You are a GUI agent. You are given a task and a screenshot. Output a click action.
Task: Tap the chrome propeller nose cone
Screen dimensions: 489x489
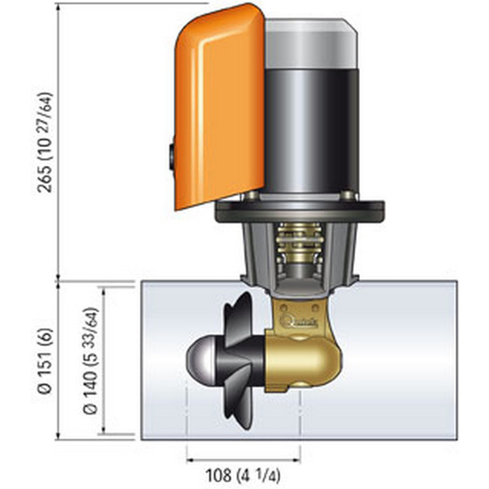[x=200, y=357]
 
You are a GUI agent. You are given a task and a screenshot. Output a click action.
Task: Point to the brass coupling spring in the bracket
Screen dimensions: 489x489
[x=299, y=244]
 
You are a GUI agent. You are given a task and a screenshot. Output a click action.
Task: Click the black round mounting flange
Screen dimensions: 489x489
[x=300, y=211]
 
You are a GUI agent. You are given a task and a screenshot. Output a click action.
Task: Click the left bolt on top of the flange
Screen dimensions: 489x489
[x=251, y=195]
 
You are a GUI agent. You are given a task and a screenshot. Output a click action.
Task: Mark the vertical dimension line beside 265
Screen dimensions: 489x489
[x=58, y=142]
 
